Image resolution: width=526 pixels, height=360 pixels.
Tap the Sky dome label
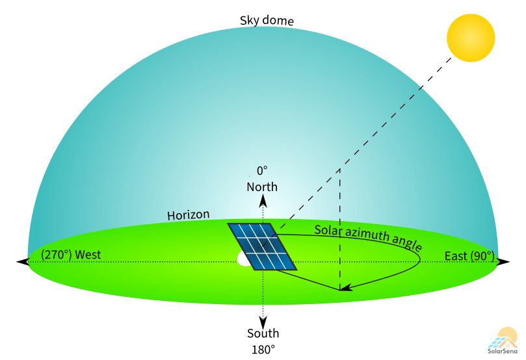tap(267, 21)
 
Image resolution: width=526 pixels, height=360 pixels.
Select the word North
tap(262, 187)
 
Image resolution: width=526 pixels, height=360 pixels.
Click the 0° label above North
tap(262, 171)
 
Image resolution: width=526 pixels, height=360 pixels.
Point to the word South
tap(263, 333)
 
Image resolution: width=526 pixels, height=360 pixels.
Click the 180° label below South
tap(263, 349)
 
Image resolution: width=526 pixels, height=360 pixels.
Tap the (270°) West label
tap(71, 255)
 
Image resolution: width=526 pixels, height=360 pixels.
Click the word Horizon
tap(188, 215)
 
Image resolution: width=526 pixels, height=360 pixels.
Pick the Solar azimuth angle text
tap(367, 238)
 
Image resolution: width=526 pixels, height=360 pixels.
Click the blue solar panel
tap(262, 246)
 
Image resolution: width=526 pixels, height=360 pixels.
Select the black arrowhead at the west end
tap(22, 261)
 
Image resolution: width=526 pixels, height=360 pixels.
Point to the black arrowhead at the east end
tap(503, 261)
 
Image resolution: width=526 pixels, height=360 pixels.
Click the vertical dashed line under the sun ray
tap(339, 227)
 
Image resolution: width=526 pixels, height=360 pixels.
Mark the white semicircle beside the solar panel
tap(245, 259)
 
